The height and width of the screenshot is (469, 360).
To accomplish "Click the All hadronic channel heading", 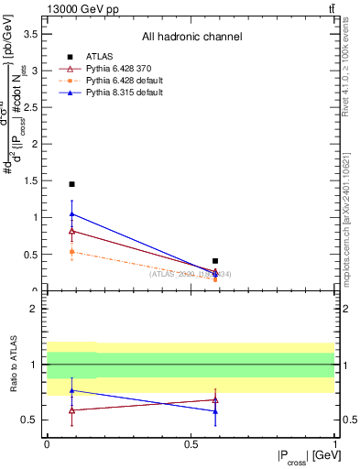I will click(x=191, y=37).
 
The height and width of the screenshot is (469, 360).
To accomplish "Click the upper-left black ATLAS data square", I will click(x=71, y=184).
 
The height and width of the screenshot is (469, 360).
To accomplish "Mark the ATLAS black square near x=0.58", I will click(x=215, y=261).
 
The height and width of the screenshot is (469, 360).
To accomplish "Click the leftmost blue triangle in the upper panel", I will click(x=71, y=214).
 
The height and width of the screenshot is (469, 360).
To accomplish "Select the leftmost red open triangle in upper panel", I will click(x=71, y=231).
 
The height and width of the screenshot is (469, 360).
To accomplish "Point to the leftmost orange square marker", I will click(x=71, y=251).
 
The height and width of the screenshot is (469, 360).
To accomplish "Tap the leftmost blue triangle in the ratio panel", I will click(x=71, y=390).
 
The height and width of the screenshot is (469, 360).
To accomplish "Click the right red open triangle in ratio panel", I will click(x=215, y=399).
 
